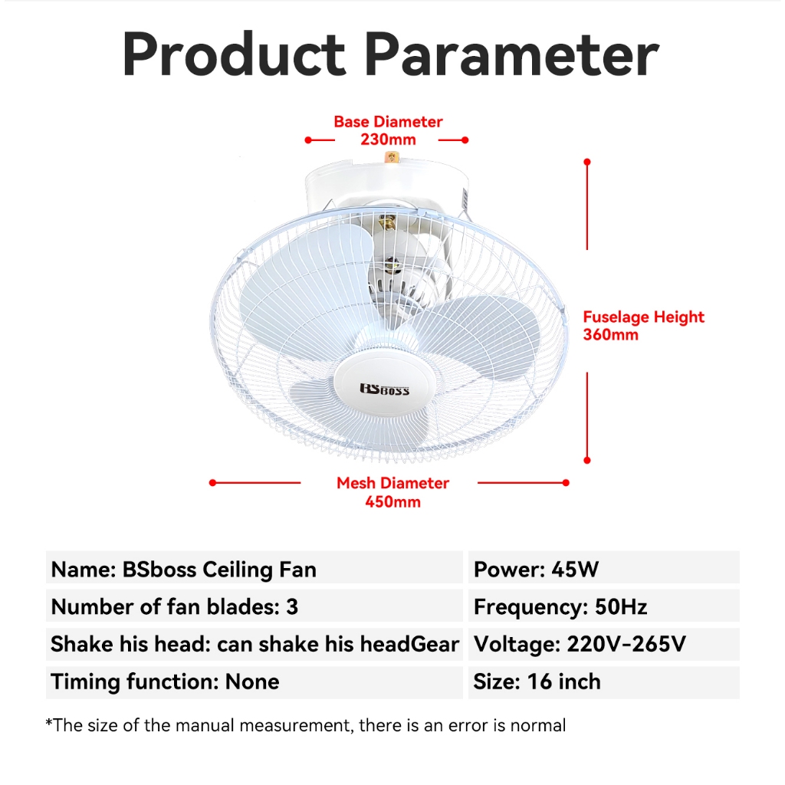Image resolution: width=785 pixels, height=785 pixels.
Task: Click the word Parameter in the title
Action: (x=511, y=54)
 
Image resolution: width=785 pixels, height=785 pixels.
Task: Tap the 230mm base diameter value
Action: (x=388, y=140)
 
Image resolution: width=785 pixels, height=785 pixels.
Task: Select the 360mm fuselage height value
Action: (x=611, y=335)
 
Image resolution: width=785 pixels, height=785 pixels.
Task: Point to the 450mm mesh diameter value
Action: (x=393, y=502)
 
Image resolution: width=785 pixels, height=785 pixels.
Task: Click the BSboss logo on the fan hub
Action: (x=385, y=389)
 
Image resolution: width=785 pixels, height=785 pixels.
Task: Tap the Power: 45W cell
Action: (x=604, y=567)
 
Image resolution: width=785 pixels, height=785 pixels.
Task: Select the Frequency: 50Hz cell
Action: (x=604, y=606)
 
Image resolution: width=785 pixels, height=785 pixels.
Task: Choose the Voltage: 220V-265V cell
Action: (x=604, y=644)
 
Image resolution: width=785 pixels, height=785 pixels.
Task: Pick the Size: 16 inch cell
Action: (x=604, y=682)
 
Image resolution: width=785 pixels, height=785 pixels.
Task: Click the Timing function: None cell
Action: (x=255, y=682)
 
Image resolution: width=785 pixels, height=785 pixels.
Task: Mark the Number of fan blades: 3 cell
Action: (x=255, y=606)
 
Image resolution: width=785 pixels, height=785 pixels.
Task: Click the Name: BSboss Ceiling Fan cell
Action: (x=255, y=567)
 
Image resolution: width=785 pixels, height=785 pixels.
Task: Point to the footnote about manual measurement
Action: (x=305, y=725)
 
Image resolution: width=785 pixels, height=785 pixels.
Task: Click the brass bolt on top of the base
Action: (x=391, y=158)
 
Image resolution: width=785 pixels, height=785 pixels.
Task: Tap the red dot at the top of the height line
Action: (x=587, y=163)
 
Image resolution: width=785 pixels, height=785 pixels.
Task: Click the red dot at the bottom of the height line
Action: (x=587, y=460)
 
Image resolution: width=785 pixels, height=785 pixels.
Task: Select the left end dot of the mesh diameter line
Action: (x=213, y=483)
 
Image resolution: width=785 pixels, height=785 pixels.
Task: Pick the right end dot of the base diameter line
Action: (x=465, y=140)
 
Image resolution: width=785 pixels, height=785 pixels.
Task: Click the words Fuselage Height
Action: (x=643, y=317)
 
